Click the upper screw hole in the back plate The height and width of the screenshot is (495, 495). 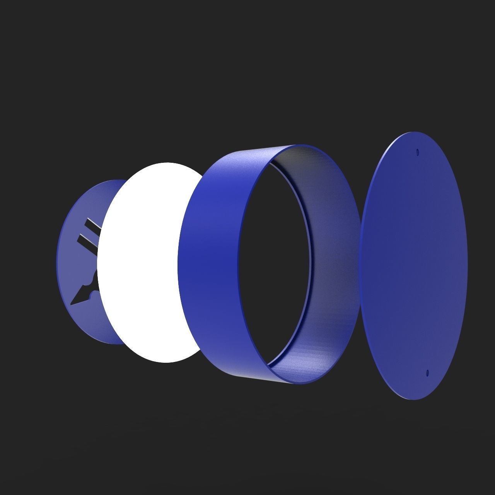(x=417, y=152)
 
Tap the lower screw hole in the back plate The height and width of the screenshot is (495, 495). (x=427, y=373)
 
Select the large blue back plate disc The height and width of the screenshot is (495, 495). (x=414, y=267)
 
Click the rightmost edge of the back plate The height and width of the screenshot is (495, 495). (x=467, y=267)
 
